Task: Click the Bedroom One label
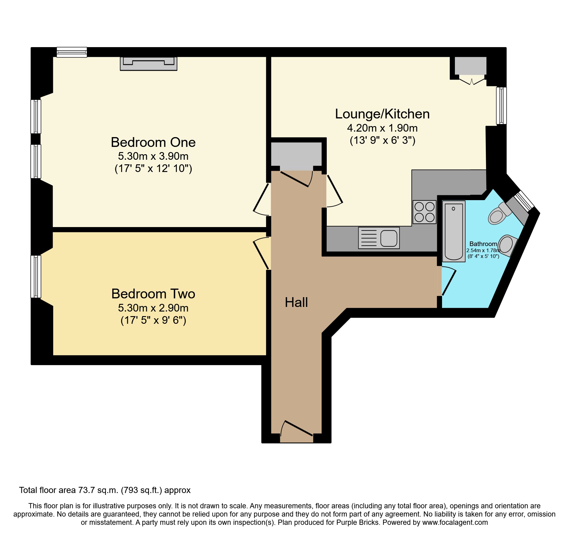(x=153, y=143)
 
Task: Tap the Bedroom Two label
(x=153, y=294)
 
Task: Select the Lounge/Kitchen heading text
(x=382, y=114)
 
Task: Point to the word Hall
(x=296, y=303)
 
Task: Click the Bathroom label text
(x=483, y=244)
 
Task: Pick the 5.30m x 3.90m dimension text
(x=153, y=156)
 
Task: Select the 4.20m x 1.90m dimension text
(x=382, y=128)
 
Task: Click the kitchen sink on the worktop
(x=379, y=238)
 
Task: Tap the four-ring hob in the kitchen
(x=424, y=212)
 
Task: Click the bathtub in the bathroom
(x=454, y=231)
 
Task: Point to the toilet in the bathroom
(x=498, y=214)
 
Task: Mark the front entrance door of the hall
(x=296, y=431)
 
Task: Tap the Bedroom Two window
(x=36, y=277)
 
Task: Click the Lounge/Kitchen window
(x=501, y=106)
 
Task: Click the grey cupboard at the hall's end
(x=296, y=155)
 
